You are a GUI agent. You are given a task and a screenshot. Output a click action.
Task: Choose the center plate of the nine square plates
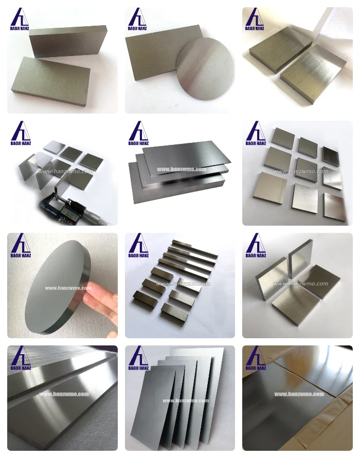(x=305, y=168)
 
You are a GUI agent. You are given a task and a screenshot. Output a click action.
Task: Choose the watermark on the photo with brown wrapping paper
(x=298, y=394)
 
